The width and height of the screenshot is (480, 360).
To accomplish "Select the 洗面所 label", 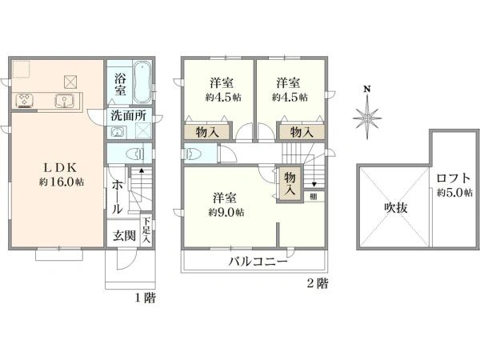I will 128,115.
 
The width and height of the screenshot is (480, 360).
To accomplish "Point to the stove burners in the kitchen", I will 23,101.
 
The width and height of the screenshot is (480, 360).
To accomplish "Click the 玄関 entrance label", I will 123,235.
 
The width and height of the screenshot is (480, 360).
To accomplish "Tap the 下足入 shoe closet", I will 146,231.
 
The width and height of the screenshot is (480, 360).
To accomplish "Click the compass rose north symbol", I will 367,117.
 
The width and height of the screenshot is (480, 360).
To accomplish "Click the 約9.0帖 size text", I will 226,212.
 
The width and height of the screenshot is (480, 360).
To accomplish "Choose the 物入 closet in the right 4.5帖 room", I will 301,132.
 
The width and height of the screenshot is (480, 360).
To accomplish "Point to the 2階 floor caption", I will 317,283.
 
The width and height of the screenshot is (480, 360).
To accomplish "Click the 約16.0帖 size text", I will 62,182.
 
